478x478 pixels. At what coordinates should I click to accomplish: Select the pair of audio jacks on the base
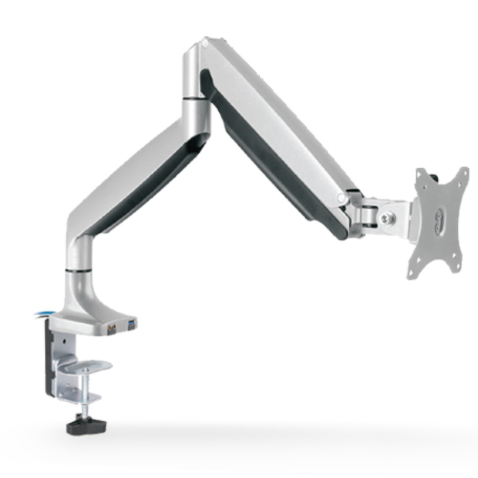coord(112,329)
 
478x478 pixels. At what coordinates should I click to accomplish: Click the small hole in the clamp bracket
coord(66,342)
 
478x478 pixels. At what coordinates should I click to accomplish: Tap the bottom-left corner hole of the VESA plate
coord(412,274)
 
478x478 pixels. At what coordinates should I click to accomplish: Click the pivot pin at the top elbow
coord(204,43)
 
